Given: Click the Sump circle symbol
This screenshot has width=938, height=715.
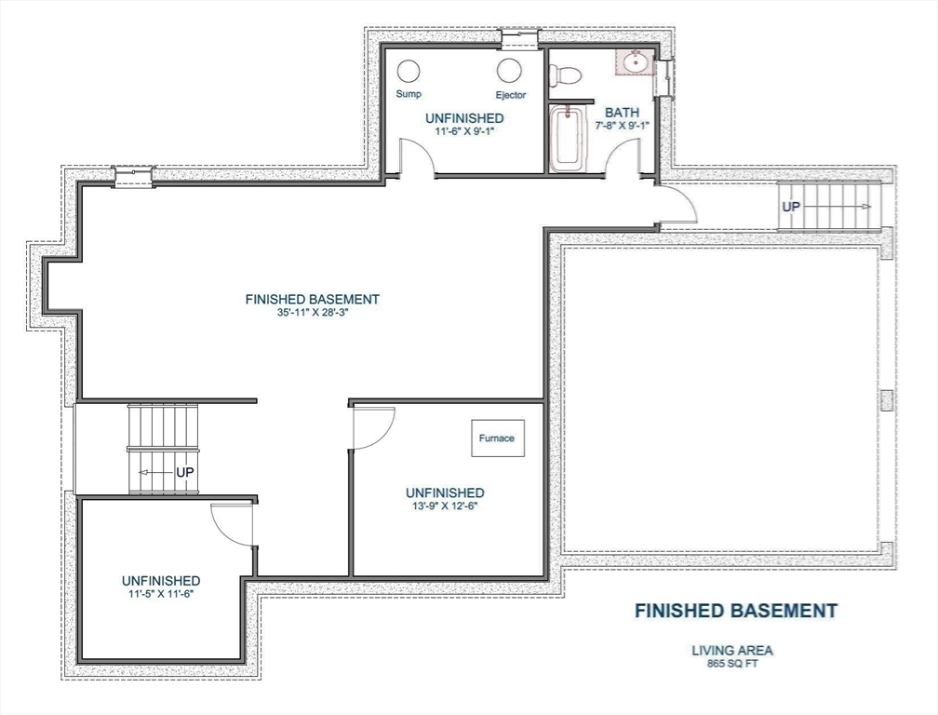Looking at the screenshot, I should pyautogui.click(x=409, y=72).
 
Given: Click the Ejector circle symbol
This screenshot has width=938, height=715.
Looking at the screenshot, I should pyautogui.click(x=509, y=71).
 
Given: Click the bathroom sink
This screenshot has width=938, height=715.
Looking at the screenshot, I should pyautogui.click(x=636, y=63).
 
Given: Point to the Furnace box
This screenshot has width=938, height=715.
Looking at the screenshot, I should pyautogui.click(x=497, y=438).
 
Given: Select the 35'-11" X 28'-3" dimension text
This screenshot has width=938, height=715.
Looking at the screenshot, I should pyautogui.click(x=312, y=313).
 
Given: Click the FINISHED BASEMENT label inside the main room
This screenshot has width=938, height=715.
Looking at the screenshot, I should pyautogui.click(x=312, y=299).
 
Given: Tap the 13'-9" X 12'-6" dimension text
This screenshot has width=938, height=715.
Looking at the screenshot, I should pyautogui.click(x=444, y=506).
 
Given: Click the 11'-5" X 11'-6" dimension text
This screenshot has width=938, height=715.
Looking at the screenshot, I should pyautogui.click(x=161, y=593).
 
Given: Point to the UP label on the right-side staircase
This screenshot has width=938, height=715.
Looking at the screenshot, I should pyautogui.click(x=790, y=207).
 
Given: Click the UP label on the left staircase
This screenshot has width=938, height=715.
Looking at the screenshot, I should pyautogui.click(x=185, y=473).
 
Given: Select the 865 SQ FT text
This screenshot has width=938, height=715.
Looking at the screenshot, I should pyautogui.click(x=731, y=664).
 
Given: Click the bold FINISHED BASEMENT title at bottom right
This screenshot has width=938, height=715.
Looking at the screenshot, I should pyautogui.click(x=735, y=611).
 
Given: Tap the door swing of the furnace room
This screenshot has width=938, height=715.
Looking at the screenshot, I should pyautogui.click(x=374, y=427).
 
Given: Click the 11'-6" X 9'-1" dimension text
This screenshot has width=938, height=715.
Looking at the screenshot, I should pyautogui.click(x=464, y=131).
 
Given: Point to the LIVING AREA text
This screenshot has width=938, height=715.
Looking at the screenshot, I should pyautogui.click(x=731, y=651).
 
